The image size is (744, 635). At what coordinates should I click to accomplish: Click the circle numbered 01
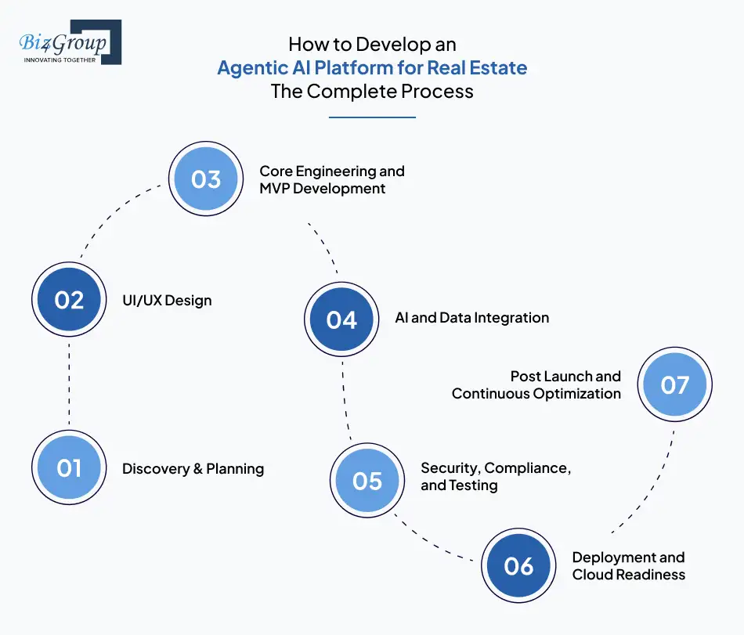(69, 467)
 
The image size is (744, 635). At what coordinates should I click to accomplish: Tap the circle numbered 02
(69, 300)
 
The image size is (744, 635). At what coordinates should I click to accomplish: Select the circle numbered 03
(206, 179)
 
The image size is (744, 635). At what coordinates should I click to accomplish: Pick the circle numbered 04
(341, 319)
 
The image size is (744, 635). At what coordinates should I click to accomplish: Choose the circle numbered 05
(367, 480)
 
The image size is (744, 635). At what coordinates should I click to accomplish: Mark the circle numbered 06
(518, 565)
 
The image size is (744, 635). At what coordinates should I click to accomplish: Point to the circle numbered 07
(674, 384)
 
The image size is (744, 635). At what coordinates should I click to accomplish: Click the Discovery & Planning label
(193, 469)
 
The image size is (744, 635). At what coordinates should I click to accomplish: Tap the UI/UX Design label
(166, 301)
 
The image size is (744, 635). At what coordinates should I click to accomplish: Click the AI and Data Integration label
(472, 318)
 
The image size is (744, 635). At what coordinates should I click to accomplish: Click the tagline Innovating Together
(60, 60)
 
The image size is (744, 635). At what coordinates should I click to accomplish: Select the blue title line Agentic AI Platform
(372, 68)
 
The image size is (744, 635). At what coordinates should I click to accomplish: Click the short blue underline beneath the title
(372, 117)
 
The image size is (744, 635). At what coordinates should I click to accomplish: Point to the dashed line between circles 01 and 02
(69, 384)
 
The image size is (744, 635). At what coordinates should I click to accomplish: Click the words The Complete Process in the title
(372, 92)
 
